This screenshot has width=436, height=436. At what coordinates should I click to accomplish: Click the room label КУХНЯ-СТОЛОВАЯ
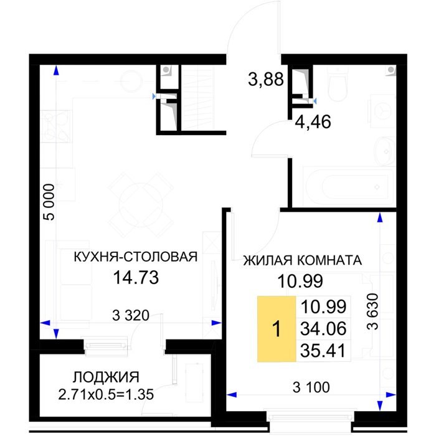(136, 257)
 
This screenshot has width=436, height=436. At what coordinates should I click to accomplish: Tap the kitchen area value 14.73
(136, 278)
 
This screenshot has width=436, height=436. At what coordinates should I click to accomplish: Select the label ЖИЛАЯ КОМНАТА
(303, 260)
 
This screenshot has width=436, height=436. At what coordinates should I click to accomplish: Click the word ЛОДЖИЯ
(106, 377)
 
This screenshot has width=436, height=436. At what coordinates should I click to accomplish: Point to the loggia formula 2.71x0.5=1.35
(106, 394)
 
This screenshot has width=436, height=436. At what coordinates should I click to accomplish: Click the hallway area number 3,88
(266, 79)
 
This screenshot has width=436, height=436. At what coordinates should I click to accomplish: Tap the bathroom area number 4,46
(313, 122)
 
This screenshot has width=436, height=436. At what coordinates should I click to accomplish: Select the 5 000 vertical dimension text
(50, 202)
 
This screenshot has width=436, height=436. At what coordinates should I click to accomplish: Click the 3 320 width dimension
(131, 315)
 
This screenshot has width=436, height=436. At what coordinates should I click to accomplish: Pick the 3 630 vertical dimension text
(372, 311)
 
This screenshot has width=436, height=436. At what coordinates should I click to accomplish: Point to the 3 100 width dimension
(311, 387)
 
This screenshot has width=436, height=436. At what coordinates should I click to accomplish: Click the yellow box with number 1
(277, 329)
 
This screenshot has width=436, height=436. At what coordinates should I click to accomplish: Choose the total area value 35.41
(323, 350)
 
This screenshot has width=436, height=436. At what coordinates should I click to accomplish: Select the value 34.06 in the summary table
(323, 328)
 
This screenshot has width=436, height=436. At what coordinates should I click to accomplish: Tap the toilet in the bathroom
(338, 83)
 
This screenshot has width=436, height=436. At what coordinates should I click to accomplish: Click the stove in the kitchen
(57, 126)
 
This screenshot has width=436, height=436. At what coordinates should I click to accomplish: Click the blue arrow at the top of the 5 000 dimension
(56, 70)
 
